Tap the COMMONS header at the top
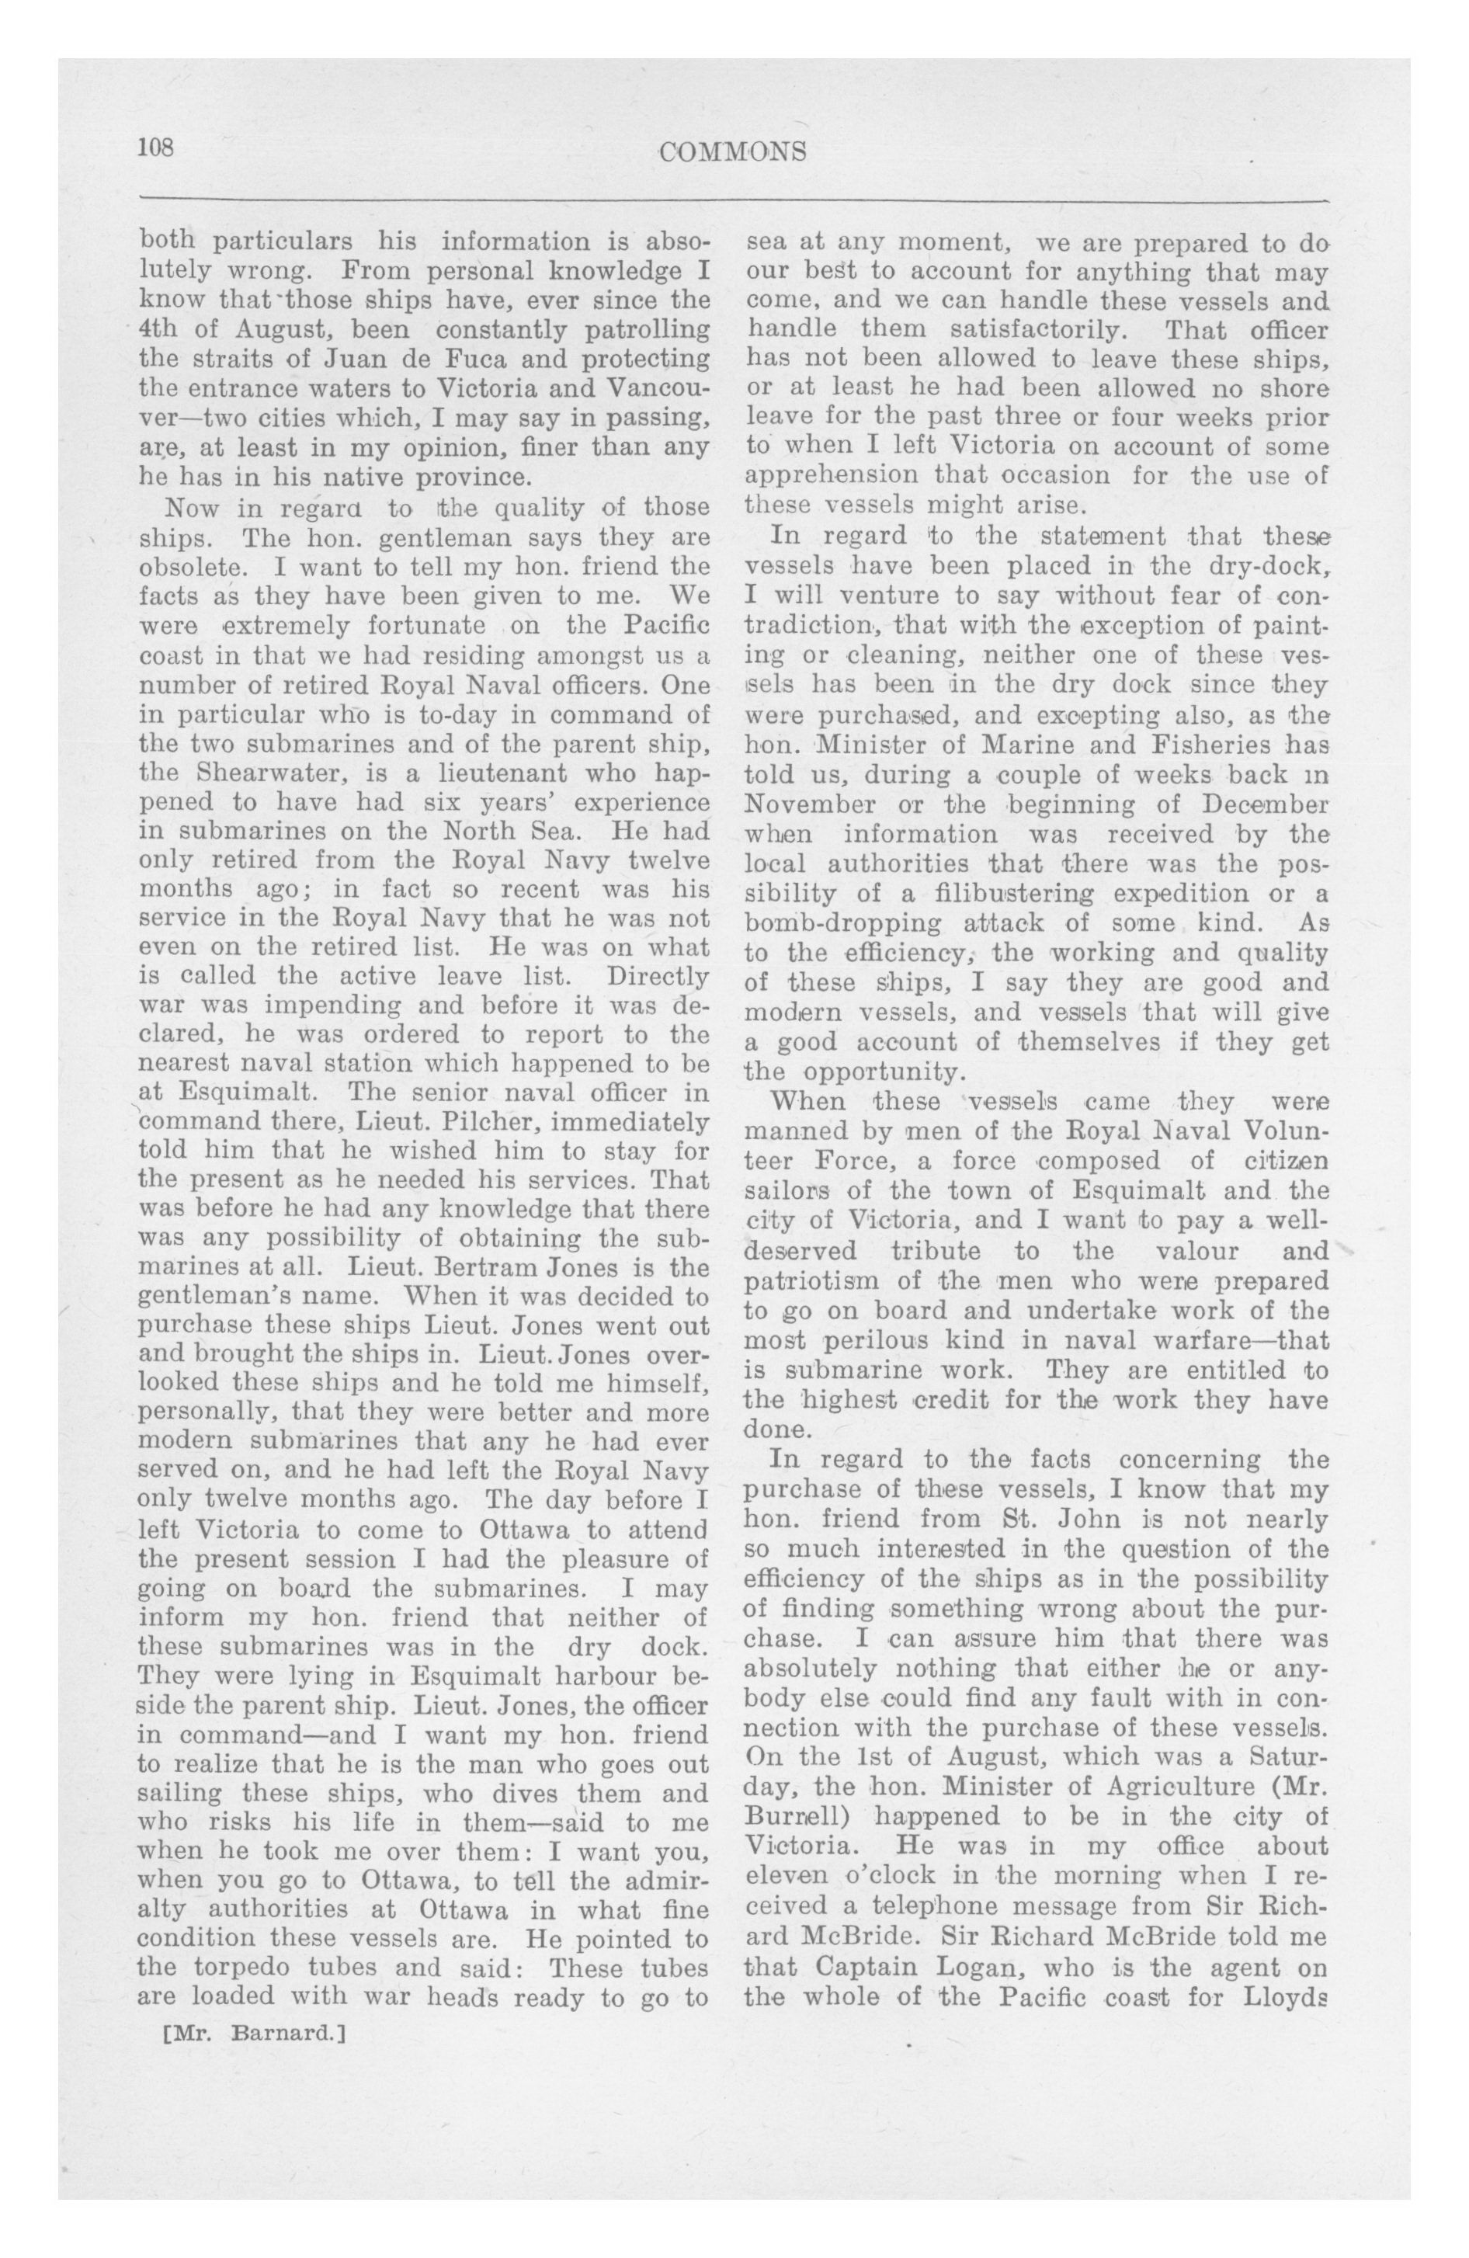pos(733,151)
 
